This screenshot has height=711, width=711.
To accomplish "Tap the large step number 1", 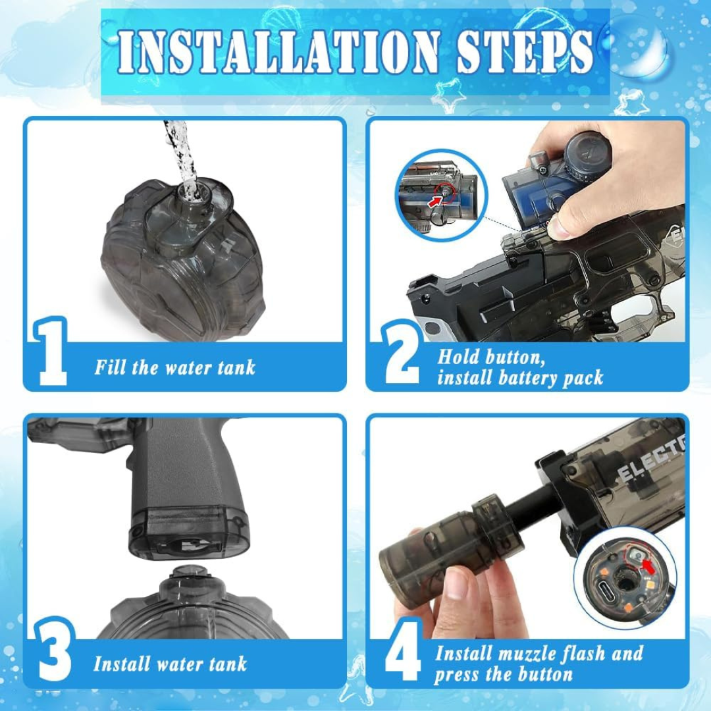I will click(53, 352).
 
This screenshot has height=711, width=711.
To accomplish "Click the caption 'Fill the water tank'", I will click(174, 367).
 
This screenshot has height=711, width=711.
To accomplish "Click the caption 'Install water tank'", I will click(170, 663).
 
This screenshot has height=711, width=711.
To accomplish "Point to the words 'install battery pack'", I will click(520, 378).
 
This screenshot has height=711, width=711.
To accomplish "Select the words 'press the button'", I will click(504, 674).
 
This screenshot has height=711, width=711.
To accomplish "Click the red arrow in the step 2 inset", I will click(435, 201).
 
